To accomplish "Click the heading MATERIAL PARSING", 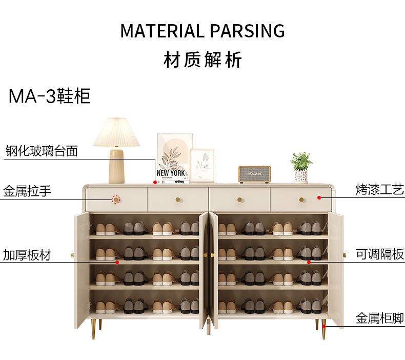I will (202, 31).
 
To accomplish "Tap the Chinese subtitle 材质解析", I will (202, 60).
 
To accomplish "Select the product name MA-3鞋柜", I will (50, 96).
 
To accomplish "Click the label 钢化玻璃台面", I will (42, 151).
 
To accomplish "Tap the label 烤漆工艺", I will (380, 190).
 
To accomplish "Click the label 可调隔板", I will (380, 254).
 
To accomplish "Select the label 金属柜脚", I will (380, 318).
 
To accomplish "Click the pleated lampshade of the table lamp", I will (116, 132).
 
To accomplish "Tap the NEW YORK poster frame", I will (174, 157).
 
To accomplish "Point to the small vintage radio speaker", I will (255, 174).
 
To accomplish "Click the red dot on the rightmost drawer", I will (318, 196).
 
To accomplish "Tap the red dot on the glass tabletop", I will (155, 182).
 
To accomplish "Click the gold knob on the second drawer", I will (178, 199).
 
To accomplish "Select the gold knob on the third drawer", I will (239, 199).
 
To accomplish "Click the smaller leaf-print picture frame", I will (201, 165).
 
